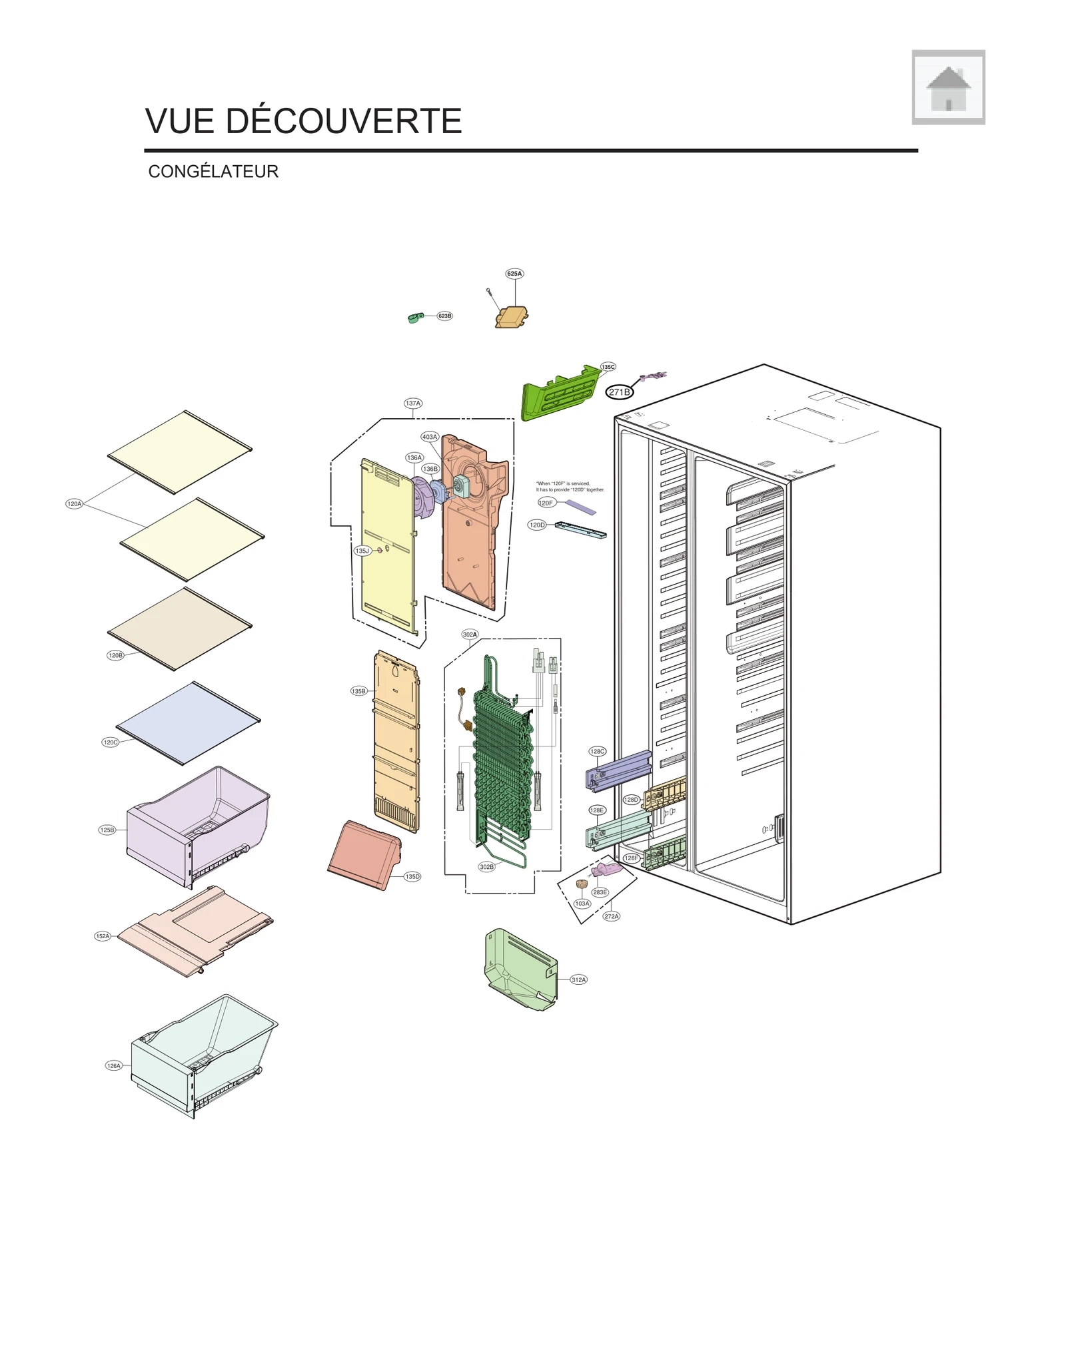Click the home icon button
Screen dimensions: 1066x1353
pyautogui.click(x=948, y=87)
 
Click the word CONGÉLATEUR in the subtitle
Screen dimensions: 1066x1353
pyautogui.click(x=213, y=172)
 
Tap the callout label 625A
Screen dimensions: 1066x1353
pyautogui.click(x=514, y=274)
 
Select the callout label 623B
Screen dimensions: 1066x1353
pyautogui.click(x=444, y=316)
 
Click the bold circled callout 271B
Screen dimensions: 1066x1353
pyautogui.click(x=619, y=392)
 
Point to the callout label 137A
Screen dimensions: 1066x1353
pyautogui.click(x=413, y=404)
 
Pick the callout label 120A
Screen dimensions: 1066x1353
pyautogui.click(x=74, y=504)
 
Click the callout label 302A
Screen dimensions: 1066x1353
pyautogui.click(x=470, y=635)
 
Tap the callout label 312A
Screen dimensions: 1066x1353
pyautogui.click(x=578, y=979)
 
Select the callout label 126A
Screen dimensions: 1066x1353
pyautogui.click(x=114, y=1066)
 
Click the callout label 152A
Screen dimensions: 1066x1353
pyautogui.click(x=103, y=936)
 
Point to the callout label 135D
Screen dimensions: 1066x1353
pyautogui.click(x=412, y=877)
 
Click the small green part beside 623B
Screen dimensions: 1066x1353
pyautogui.click(x=415, y=318)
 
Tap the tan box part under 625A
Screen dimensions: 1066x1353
pyautogui.click(x=512, y=317)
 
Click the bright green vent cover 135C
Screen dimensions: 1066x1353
pyautogui.click(x=560, y=393)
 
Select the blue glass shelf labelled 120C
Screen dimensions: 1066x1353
pyautogui.click(x=188, y=724)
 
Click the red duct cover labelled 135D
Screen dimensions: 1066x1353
pyautogui.click(x=363, y=856)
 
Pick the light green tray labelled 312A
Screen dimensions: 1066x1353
pyautogui.click(x=520, y=969)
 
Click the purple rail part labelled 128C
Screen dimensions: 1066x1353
pyautogui.click(x=618, y=771)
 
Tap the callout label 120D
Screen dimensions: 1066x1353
pyautogui.click(x=537, y=525)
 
